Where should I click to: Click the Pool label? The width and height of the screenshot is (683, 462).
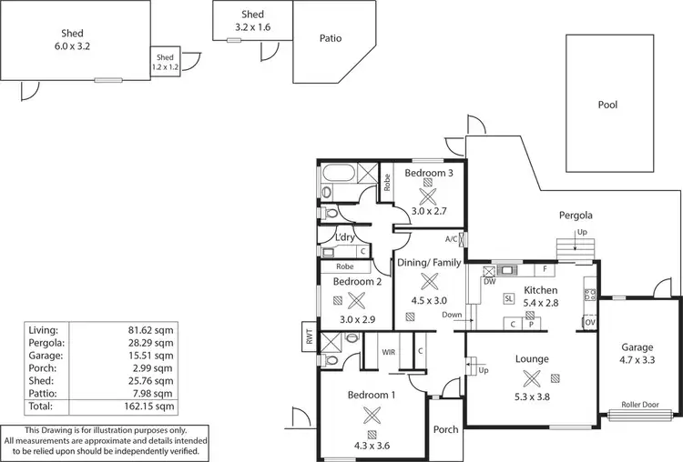pos(607,105)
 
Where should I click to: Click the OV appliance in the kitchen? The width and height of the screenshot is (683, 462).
pos(590,322)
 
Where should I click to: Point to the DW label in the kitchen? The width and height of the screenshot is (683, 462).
pos(489,281)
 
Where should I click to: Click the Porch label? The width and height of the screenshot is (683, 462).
pos(445,430)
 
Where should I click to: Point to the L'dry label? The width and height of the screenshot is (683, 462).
pos(345,237)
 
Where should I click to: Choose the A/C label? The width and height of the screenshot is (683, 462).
pos(452,239)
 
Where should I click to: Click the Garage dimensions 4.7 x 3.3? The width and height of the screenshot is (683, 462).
pos(637,360)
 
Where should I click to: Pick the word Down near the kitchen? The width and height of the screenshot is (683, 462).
pos(452,316)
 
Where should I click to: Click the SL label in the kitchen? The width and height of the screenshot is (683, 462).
pos(507,299)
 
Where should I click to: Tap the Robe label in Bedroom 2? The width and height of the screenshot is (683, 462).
pos(344,267)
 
